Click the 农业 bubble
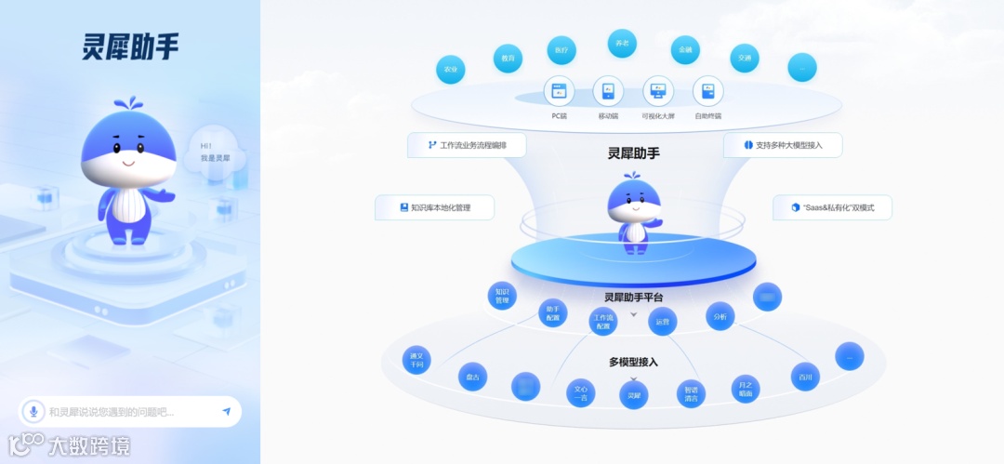451,70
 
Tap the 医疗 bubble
561,50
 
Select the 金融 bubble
685,50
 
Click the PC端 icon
559,91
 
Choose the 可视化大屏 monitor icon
658,91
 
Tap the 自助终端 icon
708,91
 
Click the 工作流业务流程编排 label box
467,145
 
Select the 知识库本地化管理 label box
434,207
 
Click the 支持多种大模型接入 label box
783,145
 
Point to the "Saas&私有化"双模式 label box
832,207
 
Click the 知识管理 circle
502,296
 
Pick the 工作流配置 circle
604,322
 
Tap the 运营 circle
662,322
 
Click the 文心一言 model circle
581,393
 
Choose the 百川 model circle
805,377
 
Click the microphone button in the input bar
34,411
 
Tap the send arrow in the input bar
226,411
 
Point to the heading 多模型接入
633,362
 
